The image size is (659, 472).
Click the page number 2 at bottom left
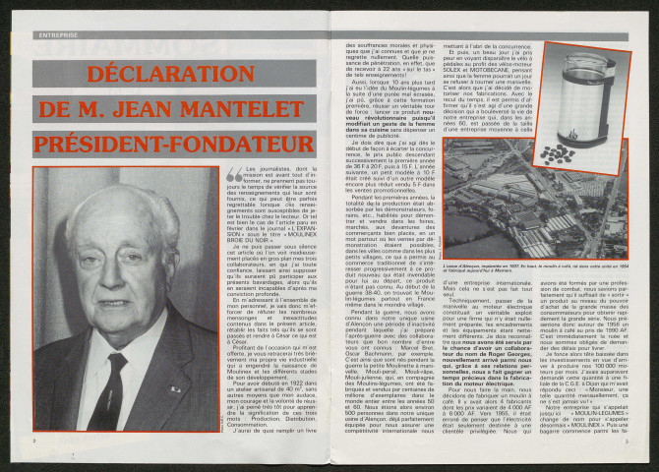point(36,442)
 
